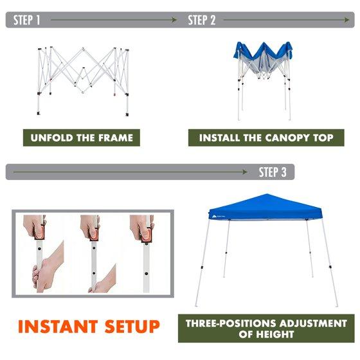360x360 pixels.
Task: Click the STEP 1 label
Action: click(27, 20)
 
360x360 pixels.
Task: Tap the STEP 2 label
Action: click(202, 20)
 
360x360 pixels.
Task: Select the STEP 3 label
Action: click(273, 172)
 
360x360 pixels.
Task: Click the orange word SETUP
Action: click(132, 327)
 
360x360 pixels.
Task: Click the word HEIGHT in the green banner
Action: click(275, 334)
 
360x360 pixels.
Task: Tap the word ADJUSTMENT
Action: click(313, 323)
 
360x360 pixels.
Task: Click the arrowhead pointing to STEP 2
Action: click(174, 20)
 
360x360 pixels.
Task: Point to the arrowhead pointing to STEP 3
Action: click(244, 172)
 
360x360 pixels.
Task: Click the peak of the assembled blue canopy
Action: click(267, 194)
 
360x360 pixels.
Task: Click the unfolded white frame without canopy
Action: click(83, 81)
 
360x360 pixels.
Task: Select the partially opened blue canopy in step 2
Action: click(264, 81)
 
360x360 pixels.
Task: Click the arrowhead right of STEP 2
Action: click(346, 20)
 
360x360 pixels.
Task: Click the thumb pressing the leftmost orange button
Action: click(39, 233)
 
